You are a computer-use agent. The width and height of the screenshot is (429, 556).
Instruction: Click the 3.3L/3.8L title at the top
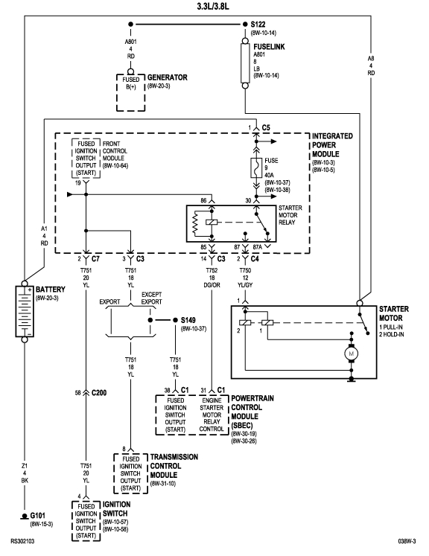pyautogui.click(x=213, y=6)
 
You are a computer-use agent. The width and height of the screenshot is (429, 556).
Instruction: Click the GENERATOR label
pyautogui.click(x=167, y=77)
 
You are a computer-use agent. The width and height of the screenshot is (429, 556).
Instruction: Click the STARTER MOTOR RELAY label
pyautogui.click(x=292, y=217)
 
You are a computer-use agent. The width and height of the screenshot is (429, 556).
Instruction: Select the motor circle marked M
pyautogui.click(x=351, y=353)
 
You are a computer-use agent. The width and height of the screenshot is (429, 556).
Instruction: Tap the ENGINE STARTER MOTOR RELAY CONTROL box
pyautogui.click(x=214, y=415)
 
